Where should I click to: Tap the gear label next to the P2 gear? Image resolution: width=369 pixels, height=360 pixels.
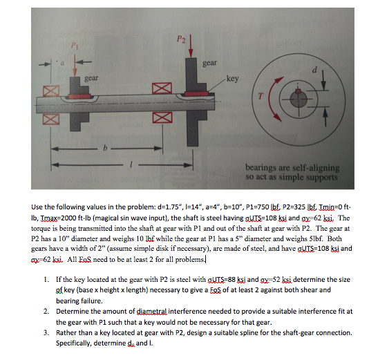pos(210,63)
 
